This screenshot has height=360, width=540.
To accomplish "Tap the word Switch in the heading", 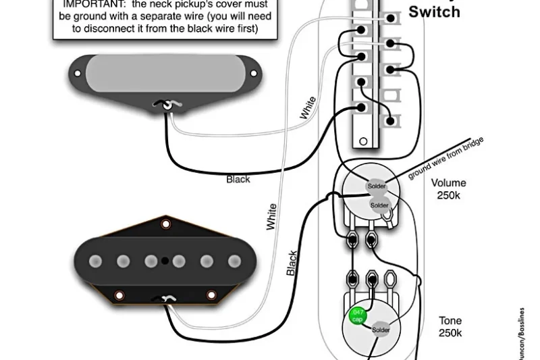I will pyautogui.click(x=434, y=11).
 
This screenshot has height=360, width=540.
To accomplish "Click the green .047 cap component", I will pyautogui.click(x=357, y=315).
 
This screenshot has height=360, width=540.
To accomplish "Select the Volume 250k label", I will pyautogui.click(x=448, y=189).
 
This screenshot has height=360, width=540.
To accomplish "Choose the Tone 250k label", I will pyautogui.click(x=450, y=327).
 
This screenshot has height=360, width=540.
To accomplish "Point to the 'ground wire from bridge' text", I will pyautogui.click(x=446, y=159).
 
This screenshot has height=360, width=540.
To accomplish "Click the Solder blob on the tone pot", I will pyautogui.click(x=380, y=330).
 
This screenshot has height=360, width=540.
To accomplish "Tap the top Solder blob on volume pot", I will pyautogui.click(x=376, y=186).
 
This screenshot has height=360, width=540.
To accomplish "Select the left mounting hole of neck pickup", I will pyautogui.click(x=78, y=74).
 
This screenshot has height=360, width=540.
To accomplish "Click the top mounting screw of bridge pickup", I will pyautogui.click(x=165, y=224).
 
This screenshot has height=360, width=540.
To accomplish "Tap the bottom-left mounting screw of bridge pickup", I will pyautogui.click(x=119, y=295).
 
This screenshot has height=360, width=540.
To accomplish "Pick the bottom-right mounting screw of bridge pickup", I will pyautogui.click(x=211, y=295).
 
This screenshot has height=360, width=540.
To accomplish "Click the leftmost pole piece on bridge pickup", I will pyautogui.click(x=95, y=261).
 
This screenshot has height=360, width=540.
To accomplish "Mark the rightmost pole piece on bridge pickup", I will pyautogui.click(x=234, y=261).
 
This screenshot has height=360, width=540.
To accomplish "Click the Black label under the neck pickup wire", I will pyautogui.click(x=238, y=179).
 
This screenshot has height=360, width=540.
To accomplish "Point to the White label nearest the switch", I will pyautogui.click(x=308, y=108).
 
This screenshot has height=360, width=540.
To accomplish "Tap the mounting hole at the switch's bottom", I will pyautogui.click(x=363, y=141).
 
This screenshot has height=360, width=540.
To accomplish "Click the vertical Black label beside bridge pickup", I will pyautogui.click(x=292, y=263).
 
